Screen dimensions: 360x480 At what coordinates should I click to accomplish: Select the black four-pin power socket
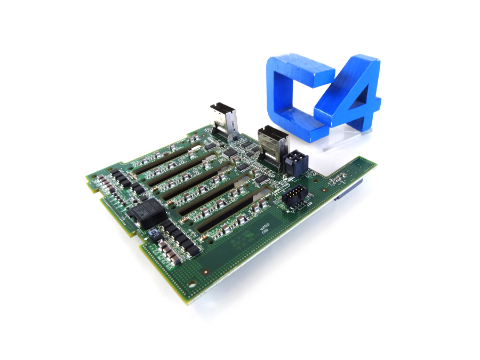(x=294, y=161)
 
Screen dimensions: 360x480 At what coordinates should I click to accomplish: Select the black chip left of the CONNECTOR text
(x=262, y=179)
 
